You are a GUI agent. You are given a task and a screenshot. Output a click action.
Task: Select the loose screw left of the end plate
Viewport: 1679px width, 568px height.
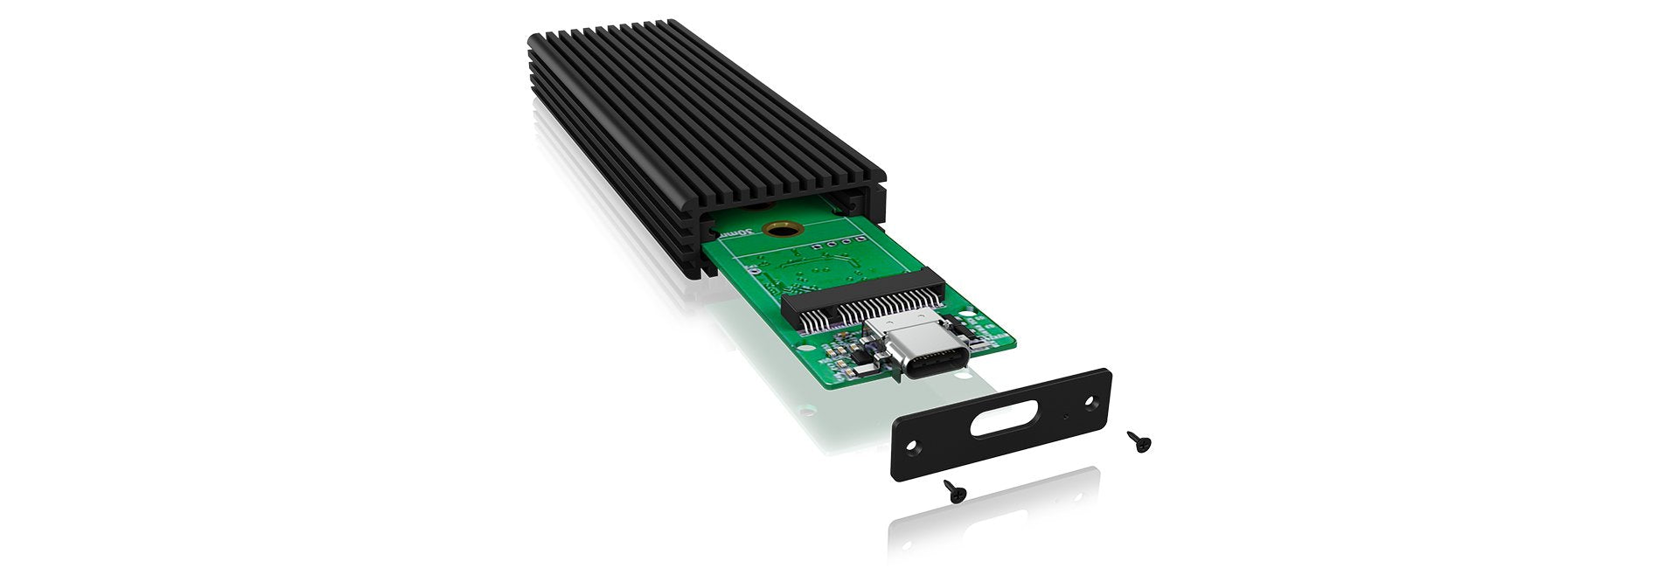[x=955, y=492]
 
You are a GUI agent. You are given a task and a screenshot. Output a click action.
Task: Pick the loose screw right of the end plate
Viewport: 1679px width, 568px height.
[x=1139, y=441]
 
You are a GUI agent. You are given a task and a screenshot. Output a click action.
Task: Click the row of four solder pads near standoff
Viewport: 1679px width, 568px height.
[x=839, y=235]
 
